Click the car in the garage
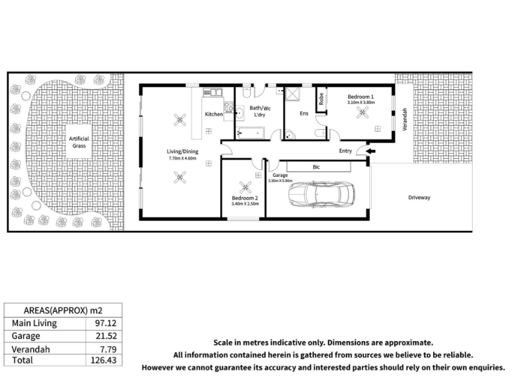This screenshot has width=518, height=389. (x=322, y=194)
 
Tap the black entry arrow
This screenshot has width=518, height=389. (x=371, y=152)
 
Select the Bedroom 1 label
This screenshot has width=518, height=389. (x=361, y=97)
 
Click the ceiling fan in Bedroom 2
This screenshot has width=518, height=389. (x=245, y=187)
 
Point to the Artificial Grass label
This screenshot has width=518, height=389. (x=79, y=142)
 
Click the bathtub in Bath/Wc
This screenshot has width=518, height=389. (x=251, y=133)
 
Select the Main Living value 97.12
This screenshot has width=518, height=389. (x=106, y=323)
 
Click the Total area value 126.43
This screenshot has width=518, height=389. (x=104, y=360)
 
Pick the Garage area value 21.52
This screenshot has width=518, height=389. (x=106, y=336)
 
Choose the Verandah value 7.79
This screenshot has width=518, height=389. (x=108, y=349)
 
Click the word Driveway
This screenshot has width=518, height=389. (x=419, y=198)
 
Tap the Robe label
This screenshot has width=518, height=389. (x=321, y=99)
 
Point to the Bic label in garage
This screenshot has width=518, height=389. (x=316, y=167)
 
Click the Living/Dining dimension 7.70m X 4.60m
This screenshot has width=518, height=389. (x=183, y=158)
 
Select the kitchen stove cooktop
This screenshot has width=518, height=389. (x=229, y=107)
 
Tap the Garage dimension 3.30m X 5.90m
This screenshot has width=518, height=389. (x=280, y=181)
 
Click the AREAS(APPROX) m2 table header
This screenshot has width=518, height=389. (x=63, y=311)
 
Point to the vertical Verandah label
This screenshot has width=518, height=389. (x=405, y=119)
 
